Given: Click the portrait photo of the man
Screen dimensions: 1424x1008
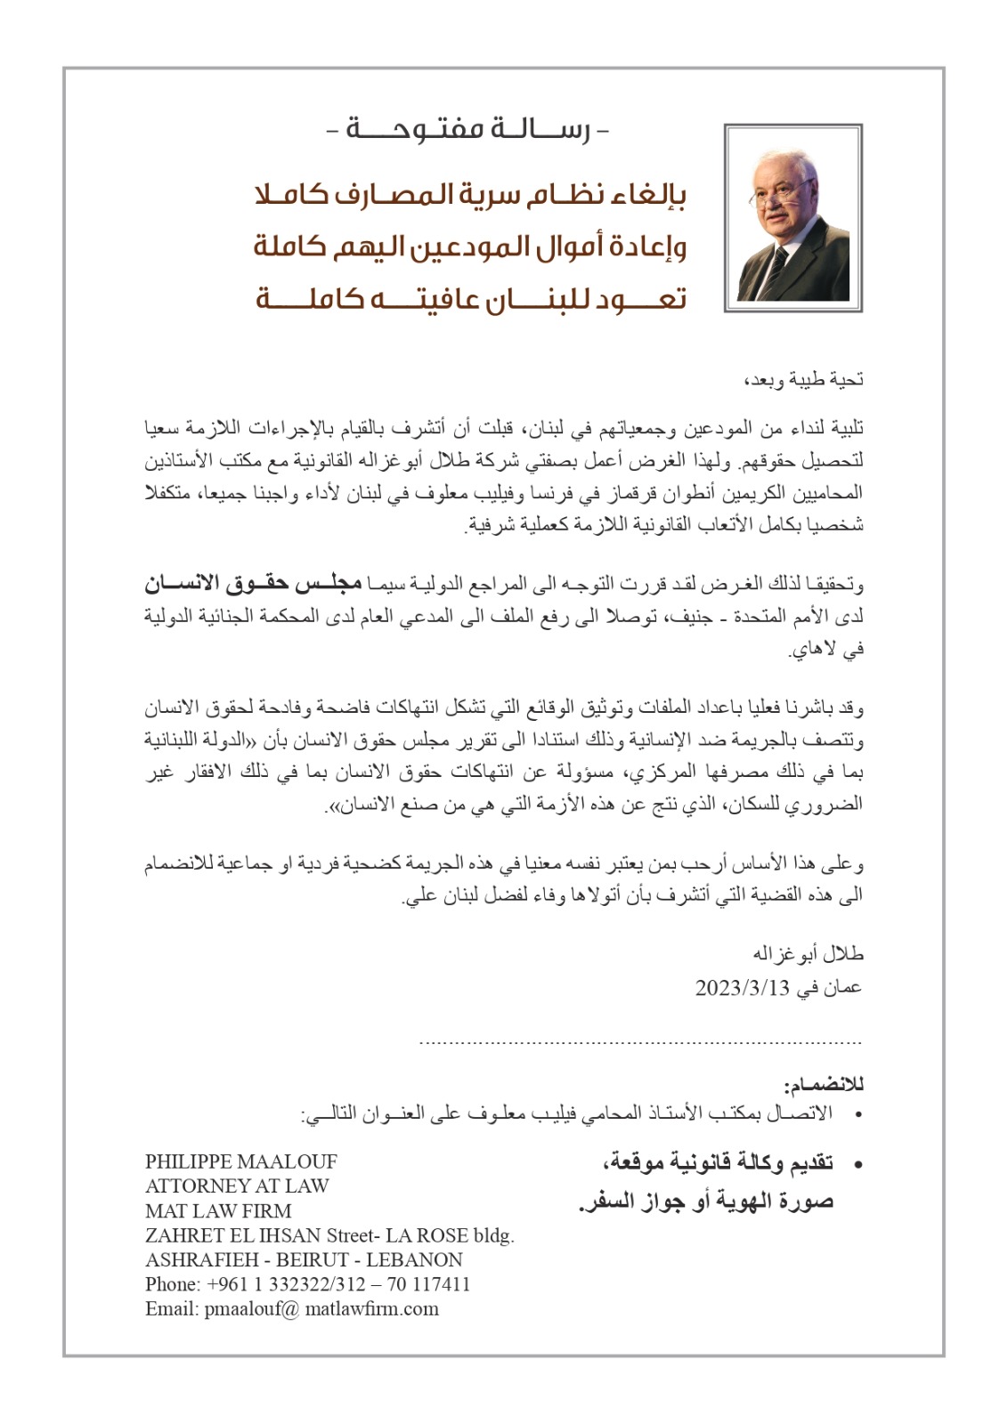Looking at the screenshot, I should click(793, 218).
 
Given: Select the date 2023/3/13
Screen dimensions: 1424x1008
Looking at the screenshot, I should click(743, 988).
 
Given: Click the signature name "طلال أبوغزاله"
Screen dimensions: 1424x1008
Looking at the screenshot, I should click(809, 954).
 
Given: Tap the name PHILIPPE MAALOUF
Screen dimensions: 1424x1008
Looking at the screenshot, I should click(241, 1161).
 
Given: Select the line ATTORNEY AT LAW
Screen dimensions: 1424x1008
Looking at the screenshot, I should click(237, 1185).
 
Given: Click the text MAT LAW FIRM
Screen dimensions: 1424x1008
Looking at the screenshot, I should click(218, 1210).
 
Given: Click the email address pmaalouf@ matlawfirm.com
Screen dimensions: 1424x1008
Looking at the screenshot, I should click(321, 1308).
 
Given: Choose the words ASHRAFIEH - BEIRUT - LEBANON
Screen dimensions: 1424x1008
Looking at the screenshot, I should click(304, 1259).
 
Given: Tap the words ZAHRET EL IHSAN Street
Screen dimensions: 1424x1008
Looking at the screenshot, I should click(250, 1235).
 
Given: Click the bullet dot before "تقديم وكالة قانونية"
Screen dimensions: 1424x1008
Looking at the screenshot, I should click(857, 1164).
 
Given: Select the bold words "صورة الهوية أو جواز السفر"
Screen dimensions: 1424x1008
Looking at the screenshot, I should click(705, 1201).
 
